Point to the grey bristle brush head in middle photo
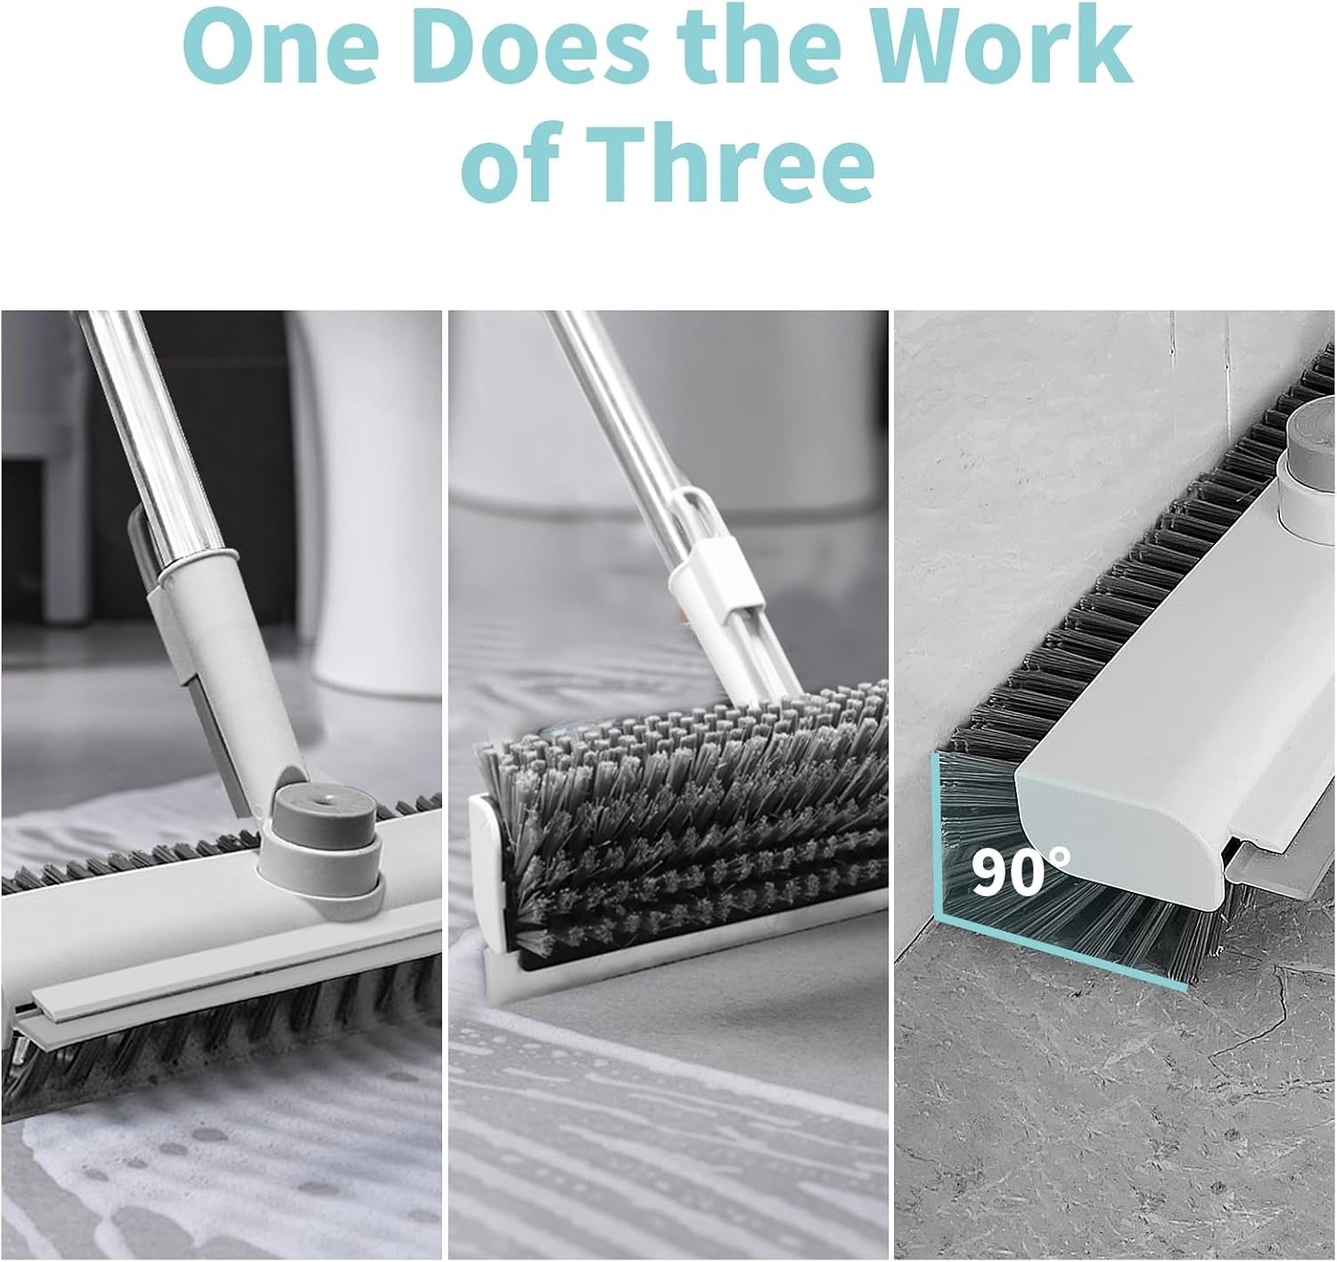(x=677, y=803)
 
